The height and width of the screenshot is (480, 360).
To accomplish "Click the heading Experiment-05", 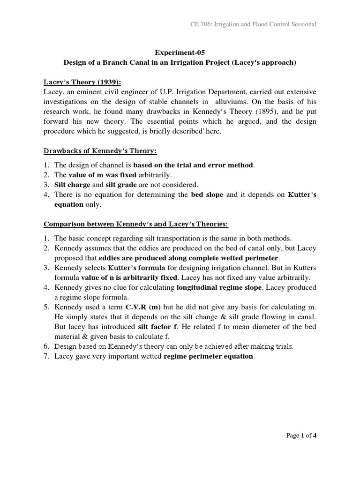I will (180, 53).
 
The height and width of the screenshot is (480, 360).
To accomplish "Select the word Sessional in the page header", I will (302, 24).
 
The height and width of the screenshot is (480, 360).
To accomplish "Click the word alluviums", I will (232, 102).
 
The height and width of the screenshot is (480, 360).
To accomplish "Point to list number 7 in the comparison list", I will (46, 357).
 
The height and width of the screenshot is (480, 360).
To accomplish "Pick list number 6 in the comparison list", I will (46, 346).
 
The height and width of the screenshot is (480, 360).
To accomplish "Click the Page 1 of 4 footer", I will (301, 435).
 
